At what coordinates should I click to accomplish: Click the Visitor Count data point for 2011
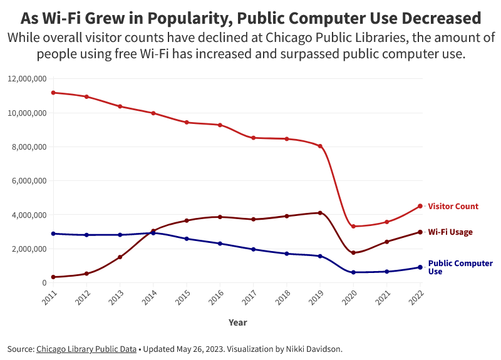(x=53, y=93)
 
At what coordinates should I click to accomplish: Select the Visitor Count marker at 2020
(x=354, y=226)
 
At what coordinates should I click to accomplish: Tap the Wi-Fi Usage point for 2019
(x=320, y=213)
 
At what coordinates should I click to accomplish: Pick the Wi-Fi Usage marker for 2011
(x=53, y=277)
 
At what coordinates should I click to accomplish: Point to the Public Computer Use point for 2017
(x=254, y=249)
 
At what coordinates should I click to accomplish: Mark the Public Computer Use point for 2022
(x=420, y=267)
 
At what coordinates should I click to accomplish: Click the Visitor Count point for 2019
(x=320, y=146)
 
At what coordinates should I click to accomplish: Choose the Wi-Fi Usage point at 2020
(x=354, y=253)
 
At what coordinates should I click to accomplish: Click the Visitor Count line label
(x=453, y=207)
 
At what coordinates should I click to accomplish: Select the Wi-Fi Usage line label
(x=450, y=232)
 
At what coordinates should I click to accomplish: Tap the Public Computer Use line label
(x=460, y=267)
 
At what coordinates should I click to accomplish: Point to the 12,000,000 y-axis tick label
(x=27, y=80)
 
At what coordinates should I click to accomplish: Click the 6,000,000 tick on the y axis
(x=29, y=181)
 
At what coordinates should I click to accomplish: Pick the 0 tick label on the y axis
(x=43, y=283)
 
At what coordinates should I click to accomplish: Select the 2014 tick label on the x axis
(x=150, y=296)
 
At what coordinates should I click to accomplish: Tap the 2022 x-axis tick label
(x=417, y=296)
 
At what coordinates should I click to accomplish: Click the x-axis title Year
(x=237, y=323)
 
